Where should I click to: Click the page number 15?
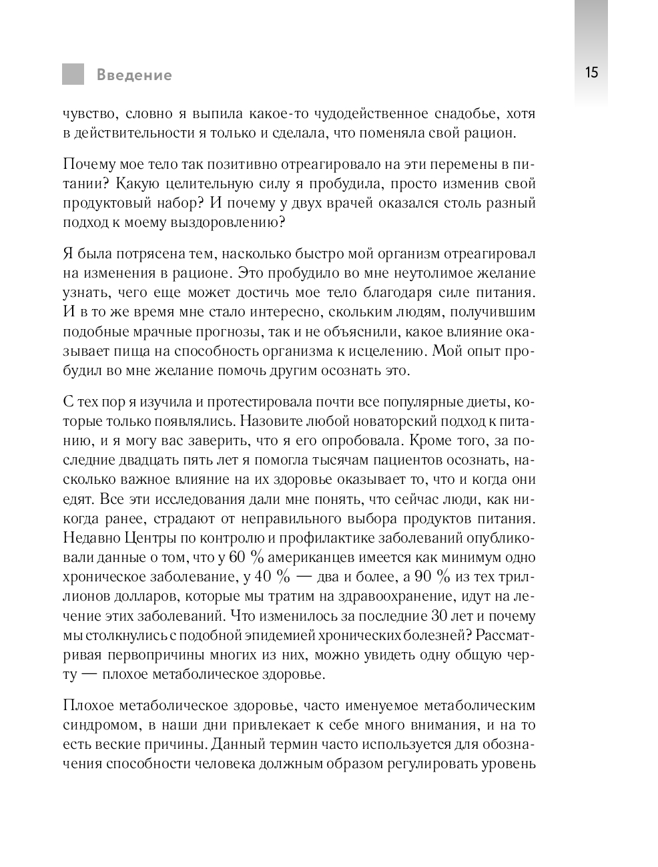[591, 73]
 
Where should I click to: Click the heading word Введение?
[134, 75]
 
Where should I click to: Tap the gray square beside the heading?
[73, 74]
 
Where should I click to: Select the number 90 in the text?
[423, 577]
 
